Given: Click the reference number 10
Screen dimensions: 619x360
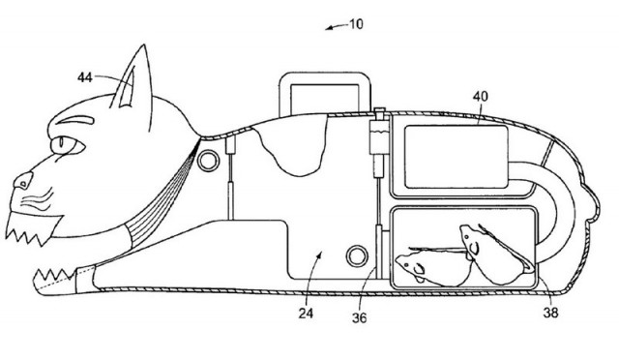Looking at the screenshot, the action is (356, 24).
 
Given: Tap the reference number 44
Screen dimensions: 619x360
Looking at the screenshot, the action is (85, 77).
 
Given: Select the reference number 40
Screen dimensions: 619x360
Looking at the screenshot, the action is (481, 97).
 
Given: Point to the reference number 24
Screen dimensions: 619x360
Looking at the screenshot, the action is (306, 314).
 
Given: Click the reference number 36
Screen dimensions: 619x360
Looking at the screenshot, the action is (359, 317).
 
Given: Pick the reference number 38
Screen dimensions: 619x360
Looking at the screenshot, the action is (550, 313).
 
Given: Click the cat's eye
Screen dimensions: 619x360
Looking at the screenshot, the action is (67, 145).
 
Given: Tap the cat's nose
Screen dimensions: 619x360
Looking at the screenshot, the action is (23, 181).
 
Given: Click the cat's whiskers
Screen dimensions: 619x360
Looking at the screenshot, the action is (38, 200).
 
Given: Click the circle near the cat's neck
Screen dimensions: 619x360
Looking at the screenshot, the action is (208, 161).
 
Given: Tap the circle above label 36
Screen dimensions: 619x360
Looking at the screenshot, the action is (357, 256).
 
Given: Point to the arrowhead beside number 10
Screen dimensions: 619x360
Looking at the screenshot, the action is (329, 28).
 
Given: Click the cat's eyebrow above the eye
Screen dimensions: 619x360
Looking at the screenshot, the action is (74, 119).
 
